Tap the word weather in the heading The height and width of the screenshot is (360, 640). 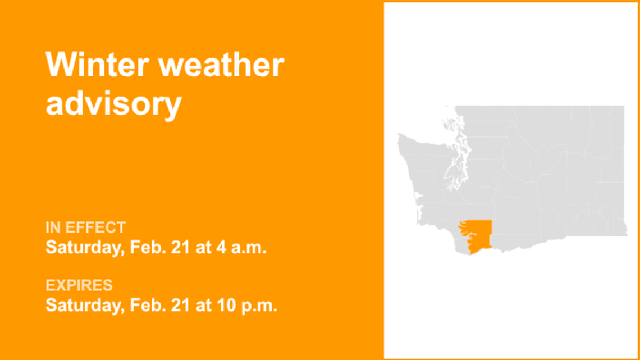pos(221,65)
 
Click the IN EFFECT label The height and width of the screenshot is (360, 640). pos(85,227)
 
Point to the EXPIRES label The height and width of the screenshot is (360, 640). pos(79,285)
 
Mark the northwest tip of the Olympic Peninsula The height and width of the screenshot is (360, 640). pos(399,135)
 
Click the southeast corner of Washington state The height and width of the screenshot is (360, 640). pos(625,234)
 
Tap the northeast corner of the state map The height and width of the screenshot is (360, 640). pos(623,107)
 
